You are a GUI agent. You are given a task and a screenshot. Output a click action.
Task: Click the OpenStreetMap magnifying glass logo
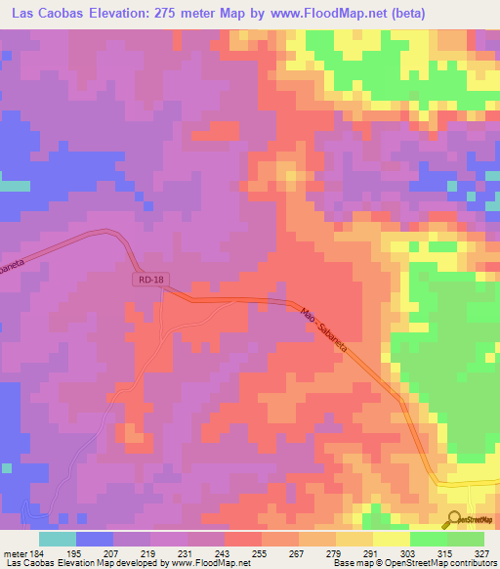click(x=454, y=518)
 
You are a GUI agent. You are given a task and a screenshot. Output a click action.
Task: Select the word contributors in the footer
click(x=474, y=563)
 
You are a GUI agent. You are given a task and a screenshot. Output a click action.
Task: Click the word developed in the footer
click(x=138, y=563)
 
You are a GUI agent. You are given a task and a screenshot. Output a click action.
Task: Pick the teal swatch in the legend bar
click(x=58, y=539)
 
